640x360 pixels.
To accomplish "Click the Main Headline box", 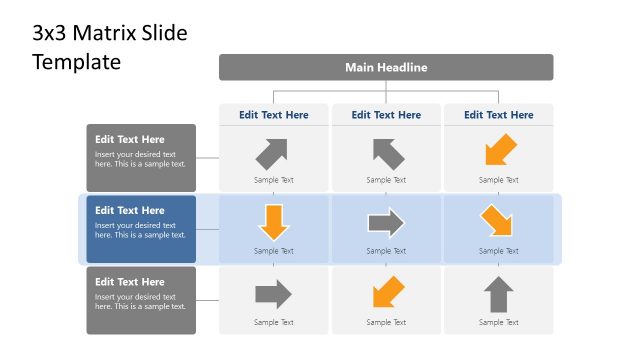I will coord(386,67).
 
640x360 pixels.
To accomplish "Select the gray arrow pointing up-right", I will coord(272,153).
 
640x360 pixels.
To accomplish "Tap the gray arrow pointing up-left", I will coord(388,153).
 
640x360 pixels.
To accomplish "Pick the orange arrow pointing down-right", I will coord(497,221).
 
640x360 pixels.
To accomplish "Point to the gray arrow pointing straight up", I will coord(499,295).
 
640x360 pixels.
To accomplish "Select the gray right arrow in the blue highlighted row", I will coord(386,222).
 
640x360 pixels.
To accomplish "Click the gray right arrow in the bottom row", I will coord(273,294).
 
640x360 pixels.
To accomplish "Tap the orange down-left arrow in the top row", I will coord(499,151).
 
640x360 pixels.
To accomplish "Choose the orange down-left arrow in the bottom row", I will coord(387,293).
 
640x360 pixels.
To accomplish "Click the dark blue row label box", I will coord(141,229).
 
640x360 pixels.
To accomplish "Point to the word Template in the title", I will coord(76,62).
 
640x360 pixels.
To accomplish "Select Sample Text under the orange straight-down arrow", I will coord(274,251).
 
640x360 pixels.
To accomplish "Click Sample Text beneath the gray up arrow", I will coord(499,322).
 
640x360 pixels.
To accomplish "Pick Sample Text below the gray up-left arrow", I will coord(386,180).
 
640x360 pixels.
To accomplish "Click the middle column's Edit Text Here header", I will coord(386,115).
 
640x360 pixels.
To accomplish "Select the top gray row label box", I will coord(141,158).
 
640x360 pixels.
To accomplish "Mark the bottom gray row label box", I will coord(141,300).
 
